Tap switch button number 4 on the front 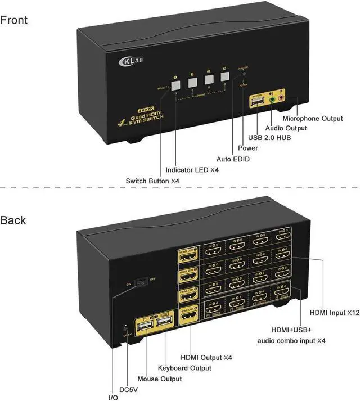tap(225, 79)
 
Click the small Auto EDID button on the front tap(243, 74)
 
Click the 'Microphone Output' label tap(312, 119)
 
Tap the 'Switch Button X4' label tap(152, 180)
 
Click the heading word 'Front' tap(14, 21)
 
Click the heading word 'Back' tap(13, 220)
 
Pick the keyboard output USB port tap(164, 325)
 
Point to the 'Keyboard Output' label tap(184, 368)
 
